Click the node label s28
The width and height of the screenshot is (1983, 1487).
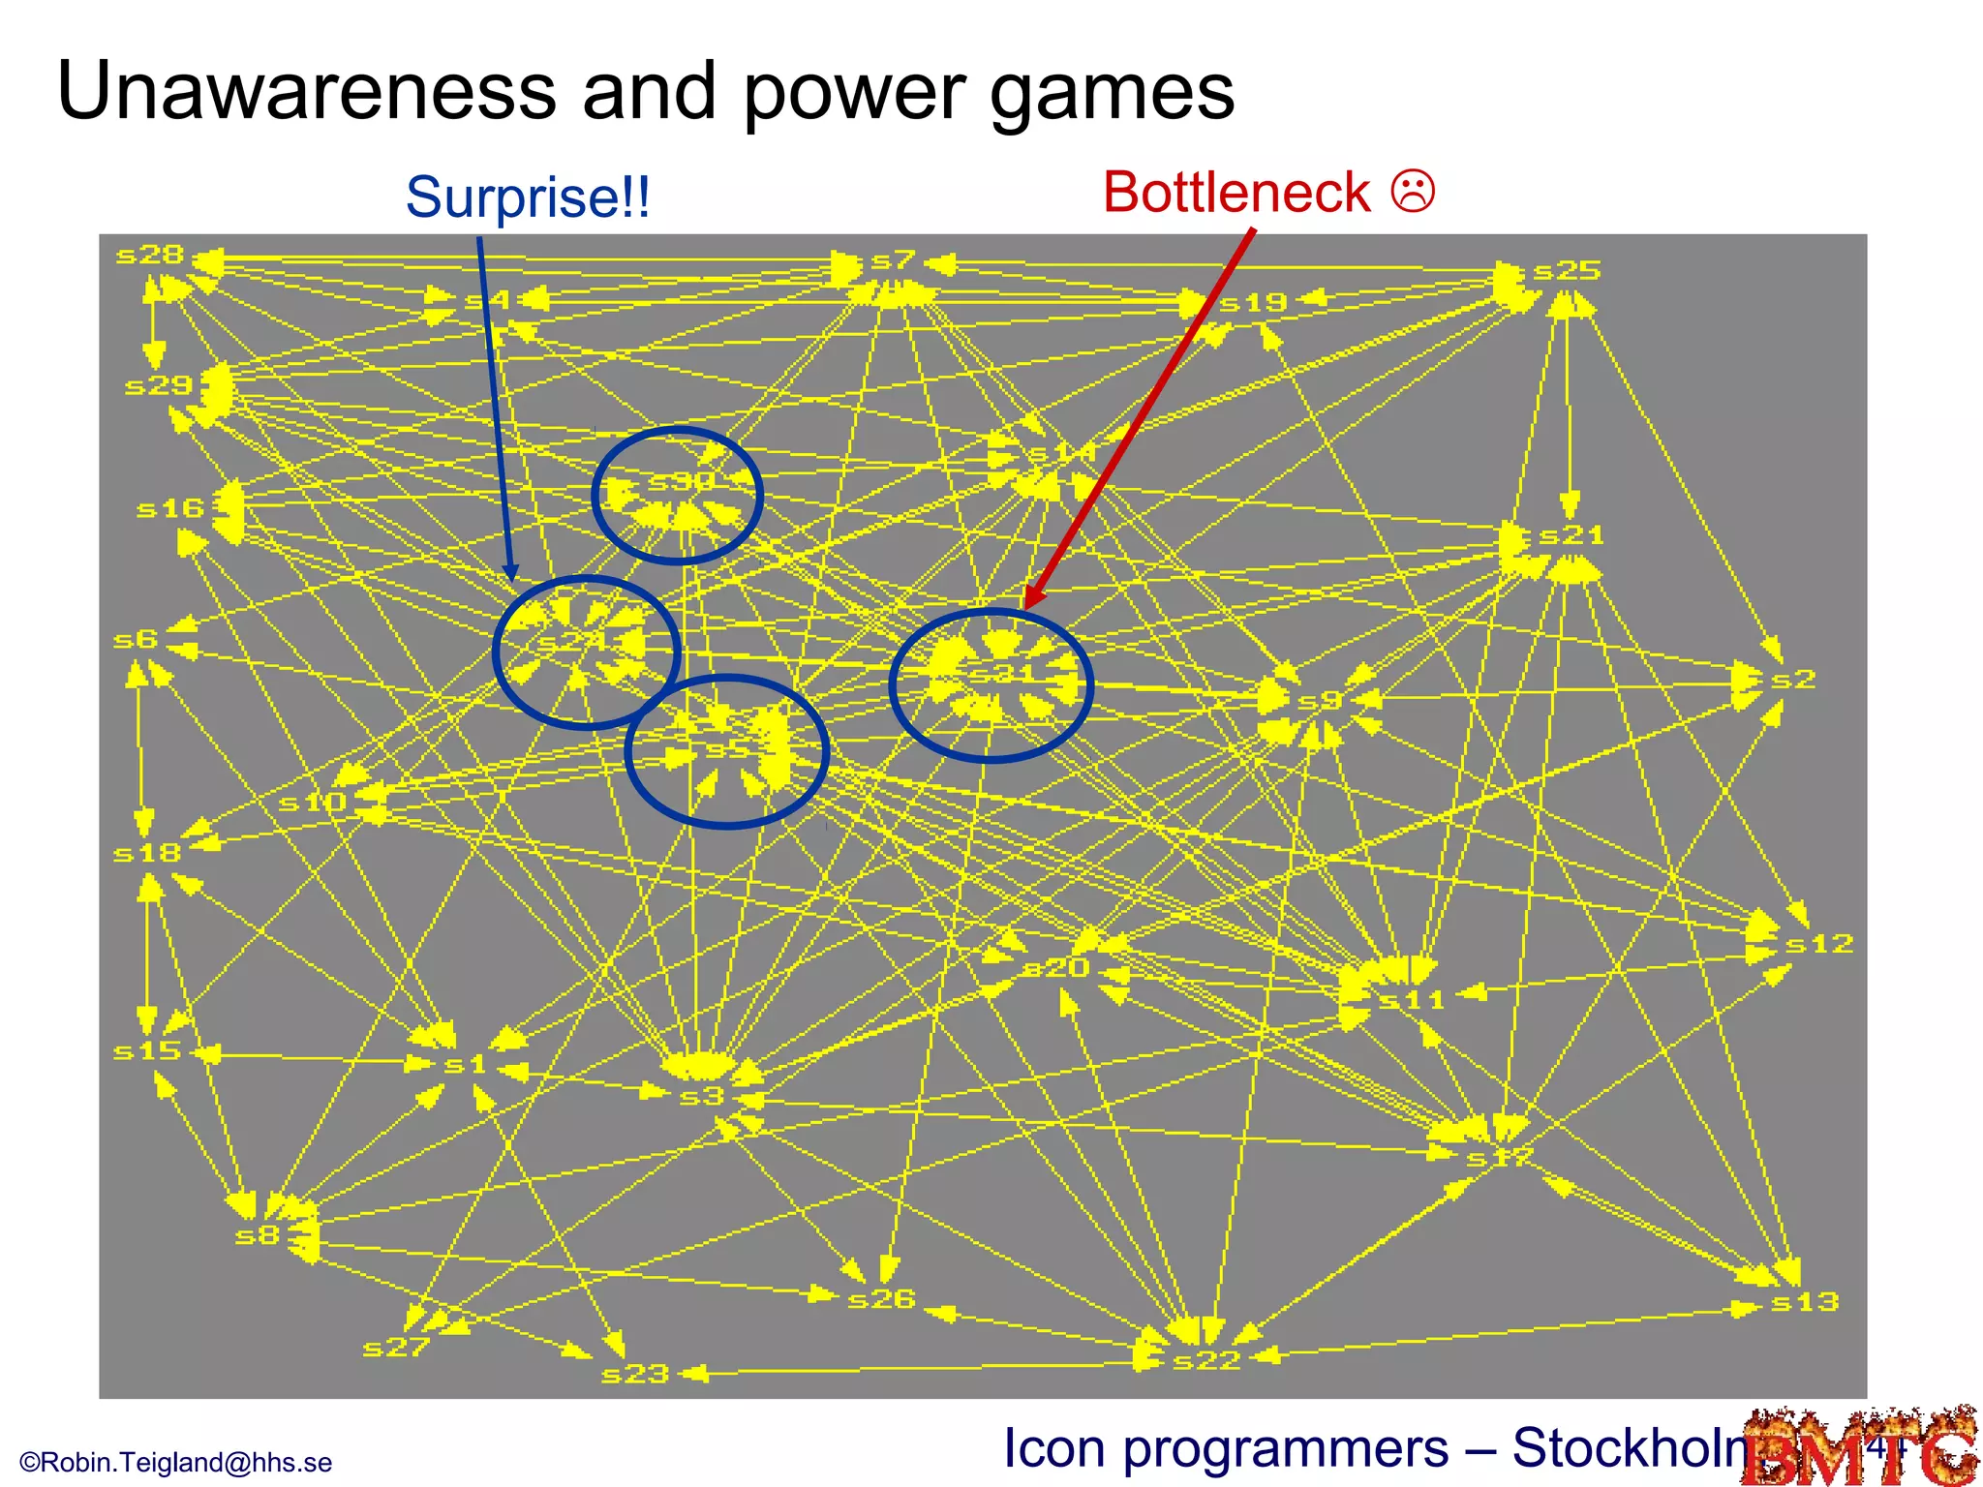tap(149, 255)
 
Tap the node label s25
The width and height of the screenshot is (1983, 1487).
tap(1567, 270)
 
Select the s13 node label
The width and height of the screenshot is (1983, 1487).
tap(1804, 1302)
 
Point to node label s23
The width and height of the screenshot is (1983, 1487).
tap(635, 1374)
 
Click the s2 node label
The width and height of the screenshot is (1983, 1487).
tap(1792, 680)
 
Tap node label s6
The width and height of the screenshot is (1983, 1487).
tap(136, 639)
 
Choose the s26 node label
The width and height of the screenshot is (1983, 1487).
tap(881, 1298)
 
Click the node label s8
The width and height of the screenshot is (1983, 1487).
tap(258, 1235)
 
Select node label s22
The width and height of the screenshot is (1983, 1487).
tap(1206, 1360)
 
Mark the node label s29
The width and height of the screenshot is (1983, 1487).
tap(159, 386)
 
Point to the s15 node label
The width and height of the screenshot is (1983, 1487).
tap(147, 1050)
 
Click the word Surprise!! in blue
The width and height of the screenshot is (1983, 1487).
tap(528, 197)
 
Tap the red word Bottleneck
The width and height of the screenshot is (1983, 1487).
tap(1236, 192)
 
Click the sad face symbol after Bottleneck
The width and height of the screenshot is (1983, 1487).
tap(1413, 191)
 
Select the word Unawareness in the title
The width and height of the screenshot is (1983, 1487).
tap(306, 91)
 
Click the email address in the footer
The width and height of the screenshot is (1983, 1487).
tap(175, 1462)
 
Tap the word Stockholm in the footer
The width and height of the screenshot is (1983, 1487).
tap(1636, 1448)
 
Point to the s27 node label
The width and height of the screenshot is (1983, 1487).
tap(396, 1347)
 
